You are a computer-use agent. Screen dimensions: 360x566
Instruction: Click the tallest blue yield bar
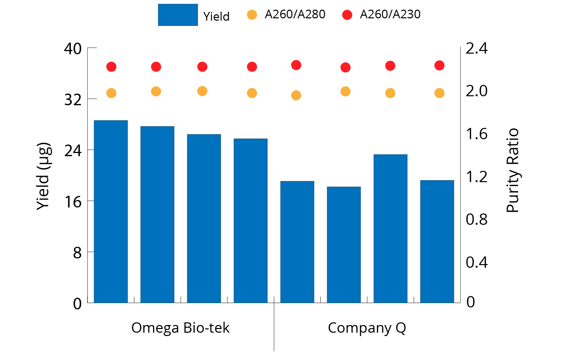click(x=111, y=211)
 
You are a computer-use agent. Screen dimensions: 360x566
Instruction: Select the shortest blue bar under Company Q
click(x=344, y=245)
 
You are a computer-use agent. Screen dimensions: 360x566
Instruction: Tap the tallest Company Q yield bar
click(x=390, y=228)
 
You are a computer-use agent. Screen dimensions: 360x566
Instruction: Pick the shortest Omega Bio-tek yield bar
click(x=251, y=220)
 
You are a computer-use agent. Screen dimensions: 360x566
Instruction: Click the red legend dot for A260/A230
click(x=347, y=15)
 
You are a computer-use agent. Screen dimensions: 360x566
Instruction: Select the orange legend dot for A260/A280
click(x=252, y=15)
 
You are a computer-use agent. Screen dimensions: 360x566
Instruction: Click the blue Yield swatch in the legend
click(x=178, y=15)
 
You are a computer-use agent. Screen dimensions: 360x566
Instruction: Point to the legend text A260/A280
click(x=295, y=14)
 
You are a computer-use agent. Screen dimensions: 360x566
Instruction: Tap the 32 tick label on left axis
click(x=73, y=100)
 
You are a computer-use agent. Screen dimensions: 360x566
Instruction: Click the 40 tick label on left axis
click(x=73, y=49)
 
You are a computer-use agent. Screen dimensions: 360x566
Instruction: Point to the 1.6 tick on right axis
click(x=476, y=134)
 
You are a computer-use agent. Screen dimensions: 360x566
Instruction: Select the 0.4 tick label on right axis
click(x=476, y=262)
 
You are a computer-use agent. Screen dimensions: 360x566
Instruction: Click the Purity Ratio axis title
click(x=512, y=170)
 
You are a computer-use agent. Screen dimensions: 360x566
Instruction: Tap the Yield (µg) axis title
click(x=44, y=176)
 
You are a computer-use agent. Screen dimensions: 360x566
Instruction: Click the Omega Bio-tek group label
click(x=180, y=328)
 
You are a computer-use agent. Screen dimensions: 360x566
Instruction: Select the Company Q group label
click(x=367, y=328)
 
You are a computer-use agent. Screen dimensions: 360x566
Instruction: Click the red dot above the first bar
click(x=111, y=67)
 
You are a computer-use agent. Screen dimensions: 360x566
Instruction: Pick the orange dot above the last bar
click(x=439, y=93)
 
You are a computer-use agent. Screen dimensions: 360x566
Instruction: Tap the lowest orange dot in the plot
click(x=296, y=96)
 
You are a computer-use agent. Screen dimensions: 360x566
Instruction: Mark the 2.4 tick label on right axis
click(x=476, y=49)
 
